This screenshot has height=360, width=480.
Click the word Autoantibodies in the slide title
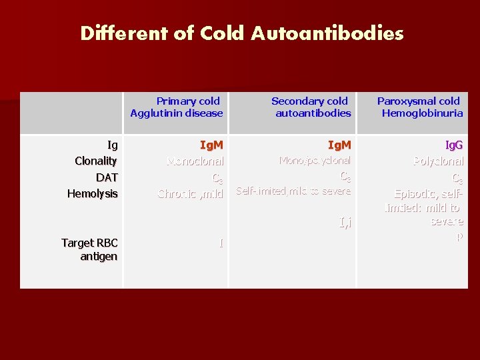click(327, 33)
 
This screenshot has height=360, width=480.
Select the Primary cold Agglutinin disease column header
click(177, 107)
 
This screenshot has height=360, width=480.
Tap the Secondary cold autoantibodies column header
click(310, 107)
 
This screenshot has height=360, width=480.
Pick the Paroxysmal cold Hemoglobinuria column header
click(419, 107)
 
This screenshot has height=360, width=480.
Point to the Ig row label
click(113, 145)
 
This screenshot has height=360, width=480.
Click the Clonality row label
click(96, 161)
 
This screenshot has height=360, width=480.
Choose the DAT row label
click(107, 177)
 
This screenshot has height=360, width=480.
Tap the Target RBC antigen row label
click(89, 249)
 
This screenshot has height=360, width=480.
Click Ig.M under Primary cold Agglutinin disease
click(211, 145)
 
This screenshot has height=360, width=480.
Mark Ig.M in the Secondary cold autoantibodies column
click(339, 145)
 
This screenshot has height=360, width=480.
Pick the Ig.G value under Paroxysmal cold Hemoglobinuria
click(454, 145)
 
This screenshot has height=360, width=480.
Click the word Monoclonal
click(195, 161)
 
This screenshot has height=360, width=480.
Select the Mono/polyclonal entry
click(315, 161)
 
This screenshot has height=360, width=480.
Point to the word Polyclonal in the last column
click(438, 161)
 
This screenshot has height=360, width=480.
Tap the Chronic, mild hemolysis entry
click(190, 194)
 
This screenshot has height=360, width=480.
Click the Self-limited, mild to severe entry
click(293, 192)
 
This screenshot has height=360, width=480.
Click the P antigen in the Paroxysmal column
click(459, 236)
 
